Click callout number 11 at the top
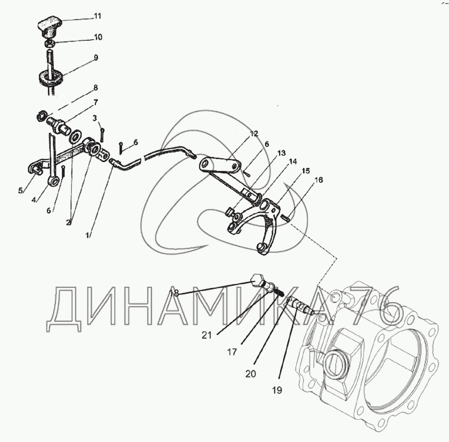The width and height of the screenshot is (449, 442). [97, 16]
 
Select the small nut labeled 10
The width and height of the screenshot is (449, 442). [49, 43]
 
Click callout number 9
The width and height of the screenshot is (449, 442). [96, 58]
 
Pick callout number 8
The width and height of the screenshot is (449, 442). [96, 88]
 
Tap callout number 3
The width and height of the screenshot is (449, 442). [95, 118]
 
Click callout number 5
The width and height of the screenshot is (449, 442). [21, 191]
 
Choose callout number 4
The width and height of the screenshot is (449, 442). [34, 200]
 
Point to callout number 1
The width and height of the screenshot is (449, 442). [87, 235]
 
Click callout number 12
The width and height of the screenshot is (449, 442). [254, 134]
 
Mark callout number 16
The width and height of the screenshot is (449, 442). [318, 180]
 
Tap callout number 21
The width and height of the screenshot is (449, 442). [207, 335]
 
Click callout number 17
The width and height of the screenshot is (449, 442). [232, 351]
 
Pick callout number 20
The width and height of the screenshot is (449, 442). [250, 374]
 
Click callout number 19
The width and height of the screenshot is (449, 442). [277, 390]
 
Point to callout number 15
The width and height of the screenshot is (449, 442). [305, 171]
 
